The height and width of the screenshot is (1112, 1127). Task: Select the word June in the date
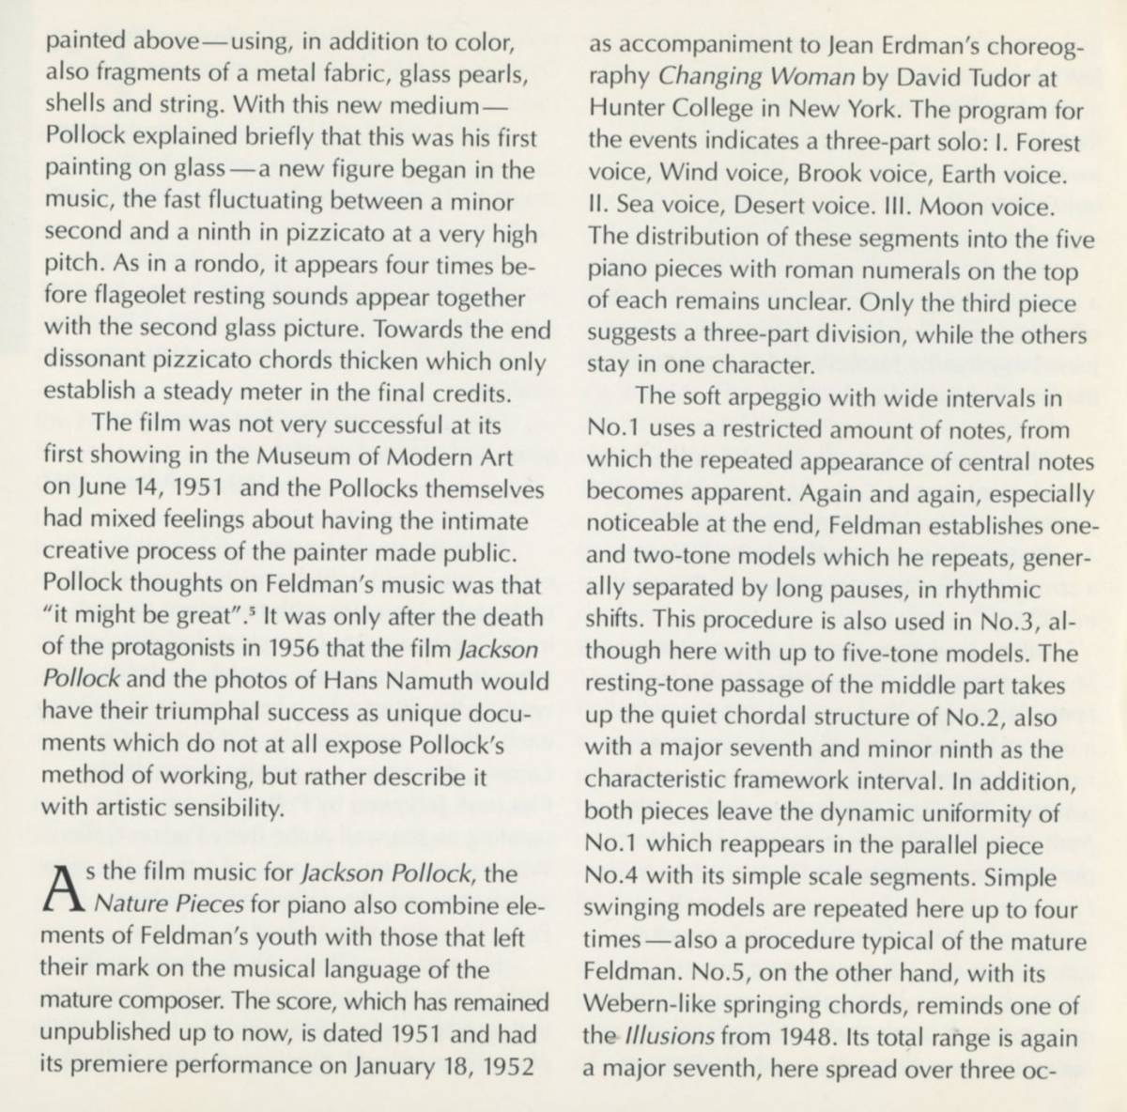(100, 489)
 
